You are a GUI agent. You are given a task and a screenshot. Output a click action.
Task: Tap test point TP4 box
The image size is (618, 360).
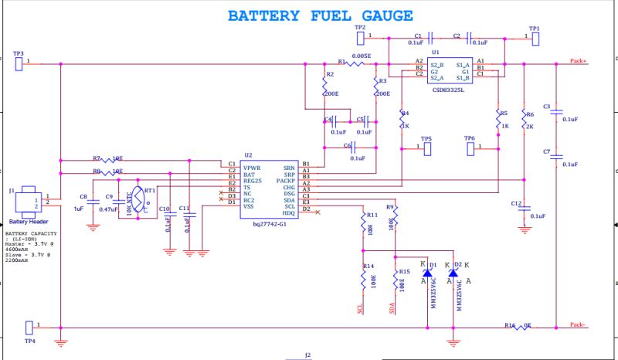tap(30, 327)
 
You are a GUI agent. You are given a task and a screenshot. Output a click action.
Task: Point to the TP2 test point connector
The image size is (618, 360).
tap(360, 36)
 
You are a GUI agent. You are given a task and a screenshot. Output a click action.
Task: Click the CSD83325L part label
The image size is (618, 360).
tap(448, 90)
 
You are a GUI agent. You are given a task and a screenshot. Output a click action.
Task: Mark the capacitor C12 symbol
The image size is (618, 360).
tap(525, 207)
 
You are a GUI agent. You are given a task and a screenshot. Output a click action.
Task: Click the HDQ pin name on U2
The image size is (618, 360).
tap(289, 212)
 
